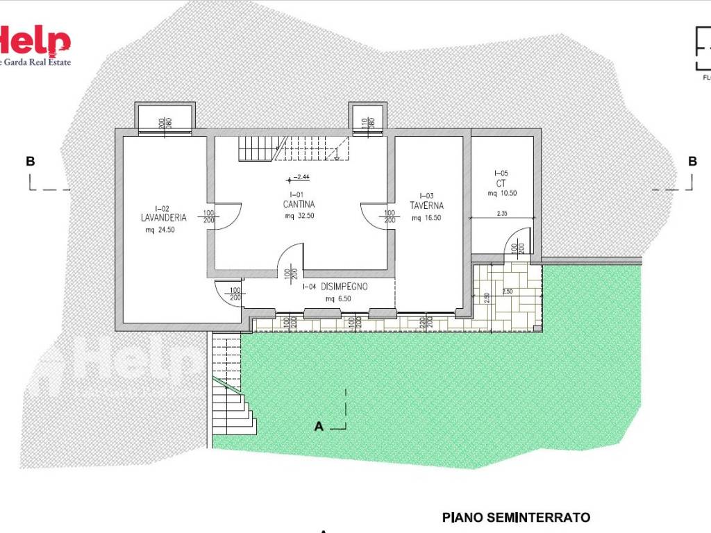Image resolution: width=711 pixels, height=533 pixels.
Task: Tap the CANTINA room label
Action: pyautogui.click(x=299, y=205)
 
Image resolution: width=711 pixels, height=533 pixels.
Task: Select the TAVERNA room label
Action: pyautogui.click(x=426, y=206)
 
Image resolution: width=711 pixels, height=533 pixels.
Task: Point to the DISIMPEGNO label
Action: pyautogui.click(x=344, y=287)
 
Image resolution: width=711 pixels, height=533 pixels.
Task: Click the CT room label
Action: pyautogui.click(x=501, y=183)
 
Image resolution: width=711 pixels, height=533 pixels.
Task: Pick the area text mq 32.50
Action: pyautogui.click(x=299, y=216)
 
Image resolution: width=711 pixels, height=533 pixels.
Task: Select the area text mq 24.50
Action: pyautogui.click(x=160, y=230)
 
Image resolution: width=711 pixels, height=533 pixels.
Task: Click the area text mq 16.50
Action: pyautogui.click(x=426, y=218)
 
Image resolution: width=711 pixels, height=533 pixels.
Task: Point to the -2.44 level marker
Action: pyautogui.click(x=301, y=178)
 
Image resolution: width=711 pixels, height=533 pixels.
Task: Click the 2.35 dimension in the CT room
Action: pyautogui.click(x=503, y=214)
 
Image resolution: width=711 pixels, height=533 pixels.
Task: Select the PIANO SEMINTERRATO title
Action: pyautogui.click(x=516, y=517)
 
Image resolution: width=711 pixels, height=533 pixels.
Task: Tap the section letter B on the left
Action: pyautogui.click(x=30, y=161)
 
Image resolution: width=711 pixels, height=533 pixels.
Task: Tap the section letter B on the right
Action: pyautogui.click(x=692, y=161)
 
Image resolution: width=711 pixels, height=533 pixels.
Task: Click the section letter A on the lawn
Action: pyautogui.click(x=319, y=427)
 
